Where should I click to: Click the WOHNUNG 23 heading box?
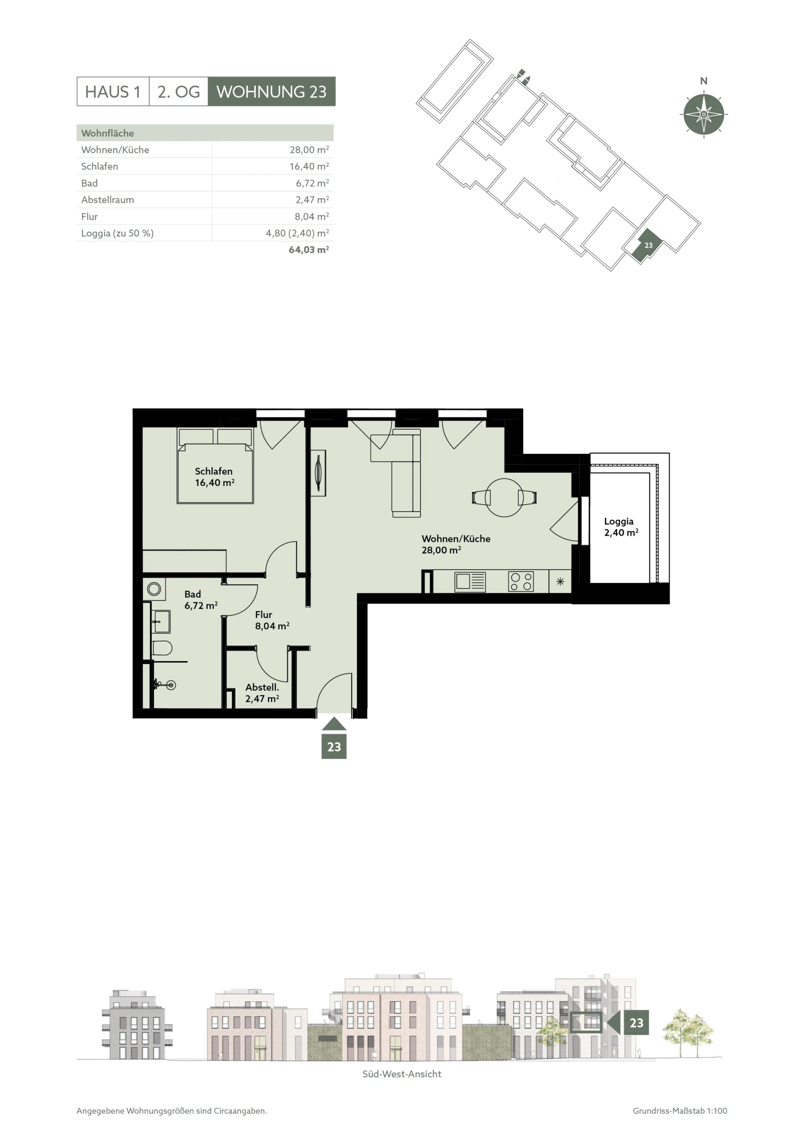point(271,91)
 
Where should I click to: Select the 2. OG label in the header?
point(178,92)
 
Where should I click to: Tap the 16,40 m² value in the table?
point(309,166)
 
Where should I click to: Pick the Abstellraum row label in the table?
point(107,200)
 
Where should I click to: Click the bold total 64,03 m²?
point(309,249)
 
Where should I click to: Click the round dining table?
point(504,497)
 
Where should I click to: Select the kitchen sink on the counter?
point(470,581)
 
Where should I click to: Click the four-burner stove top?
point(521,581)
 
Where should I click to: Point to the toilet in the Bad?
point(162,648)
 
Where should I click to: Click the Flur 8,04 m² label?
point(272,620)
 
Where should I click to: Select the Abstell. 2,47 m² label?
point(262,693)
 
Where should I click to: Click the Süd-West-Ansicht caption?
point(402,1074)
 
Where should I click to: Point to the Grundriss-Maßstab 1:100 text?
point(680,1111)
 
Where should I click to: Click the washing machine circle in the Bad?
point(154,589)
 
